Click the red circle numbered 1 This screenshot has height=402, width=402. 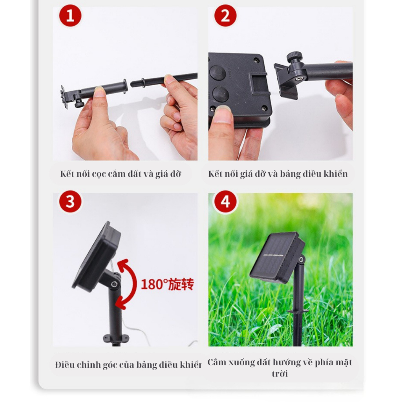70,16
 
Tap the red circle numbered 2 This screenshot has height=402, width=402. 225,16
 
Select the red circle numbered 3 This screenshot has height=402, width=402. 70,201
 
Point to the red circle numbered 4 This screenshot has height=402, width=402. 225,201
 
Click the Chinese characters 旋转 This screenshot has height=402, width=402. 181,284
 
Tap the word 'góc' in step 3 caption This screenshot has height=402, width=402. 110,365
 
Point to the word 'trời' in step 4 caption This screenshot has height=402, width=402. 280,374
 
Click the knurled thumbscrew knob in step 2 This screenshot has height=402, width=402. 294,56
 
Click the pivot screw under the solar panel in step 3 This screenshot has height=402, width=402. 114,284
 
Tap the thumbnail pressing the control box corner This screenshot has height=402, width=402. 222,111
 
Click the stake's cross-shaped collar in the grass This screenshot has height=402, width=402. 298,311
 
